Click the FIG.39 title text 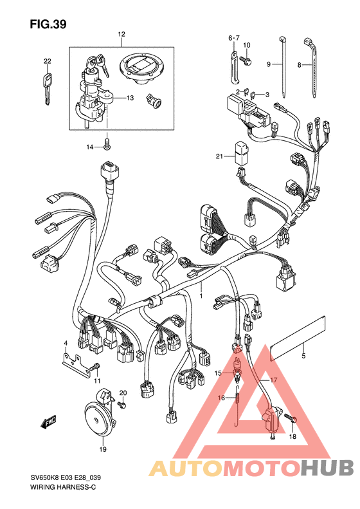48,24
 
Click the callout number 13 130,98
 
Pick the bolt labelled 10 246,60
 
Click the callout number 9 269,64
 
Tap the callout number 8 299,65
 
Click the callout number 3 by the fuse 267,95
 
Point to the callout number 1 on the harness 201,296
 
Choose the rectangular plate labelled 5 298,338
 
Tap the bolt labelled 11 95,367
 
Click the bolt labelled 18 291,418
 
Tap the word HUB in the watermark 327,468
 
